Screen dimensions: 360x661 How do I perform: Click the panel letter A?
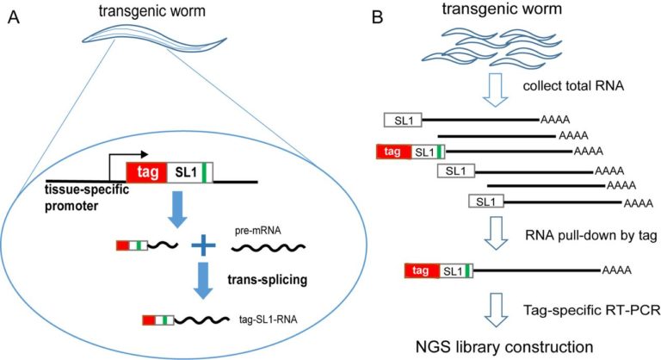[x=14, y=16]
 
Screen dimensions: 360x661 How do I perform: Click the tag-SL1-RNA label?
[x=257, y=321]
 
